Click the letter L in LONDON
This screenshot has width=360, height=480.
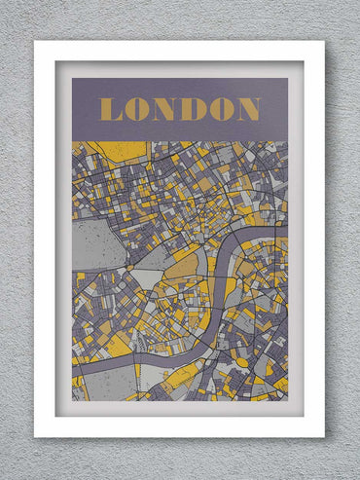111,109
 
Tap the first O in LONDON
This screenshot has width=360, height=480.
136,109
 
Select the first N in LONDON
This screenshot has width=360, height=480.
163,109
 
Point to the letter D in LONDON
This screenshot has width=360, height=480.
192,109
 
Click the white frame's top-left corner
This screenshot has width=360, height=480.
35,42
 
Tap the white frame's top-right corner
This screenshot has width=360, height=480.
324,42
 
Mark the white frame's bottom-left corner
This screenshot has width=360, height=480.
35,437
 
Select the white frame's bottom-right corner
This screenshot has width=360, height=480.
324,437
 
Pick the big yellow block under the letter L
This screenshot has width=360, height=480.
117,150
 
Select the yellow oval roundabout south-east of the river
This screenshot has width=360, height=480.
241,363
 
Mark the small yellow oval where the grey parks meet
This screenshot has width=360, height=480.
129,266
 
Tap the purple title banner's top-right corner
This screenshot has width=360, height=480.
287,79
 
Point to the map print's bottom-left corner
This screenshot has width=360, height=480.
72,399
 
